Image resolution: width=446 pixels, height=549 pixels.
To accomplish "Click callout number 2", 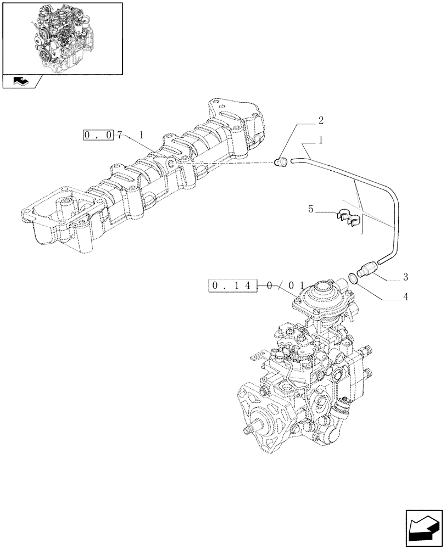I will click(321, 120).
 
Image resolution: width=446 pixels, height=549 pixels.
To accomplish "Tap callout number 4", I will click(405, 298).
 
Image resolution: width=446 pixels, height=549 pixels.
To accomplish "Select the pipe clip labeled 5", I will click(347, 219).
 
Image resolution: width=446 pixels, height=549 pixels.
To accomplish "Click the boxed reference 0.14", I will click(233, 285).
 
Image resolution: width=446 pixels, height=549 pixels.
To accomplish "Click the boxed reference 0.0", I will click(99, 135).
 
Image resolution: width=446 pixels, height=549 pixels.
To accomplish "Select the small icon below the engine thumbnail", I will click(22, 81).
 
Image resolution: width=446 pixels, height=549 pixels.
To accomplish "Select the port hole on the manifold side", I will click(171, 164).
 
